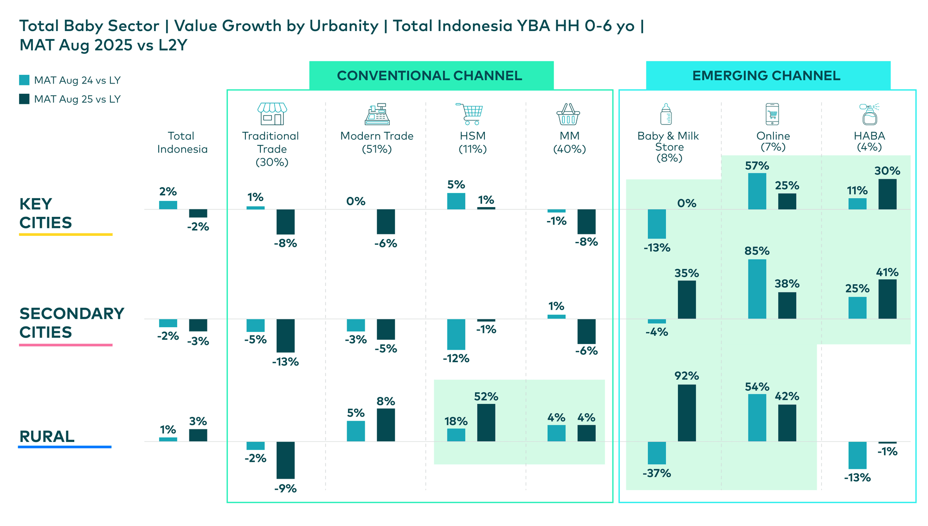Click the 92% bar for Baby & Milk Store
point(687,413)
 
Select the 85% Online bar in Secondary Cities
point(757,289)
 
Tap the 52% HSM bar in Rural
point(486,422)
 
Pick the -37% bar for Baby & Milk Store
point(657,453)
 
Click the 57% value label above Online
point(757,166)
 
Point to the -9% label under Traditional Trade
point(285,488)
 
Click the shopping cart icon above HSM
point(470,114)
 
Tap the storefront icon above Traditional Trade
point(272,114)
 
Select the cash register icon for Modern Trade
point(377,114)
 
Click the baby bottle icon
point(666,114)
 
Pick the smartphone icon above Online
point(772,114)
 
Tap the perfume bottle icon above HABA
point(870,114)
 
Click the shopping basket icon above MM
point(568,114)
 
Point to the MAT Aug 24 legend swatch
point(24,80)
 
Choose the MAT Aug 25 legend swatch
point(24,99)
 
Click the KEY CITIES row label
point(45,213)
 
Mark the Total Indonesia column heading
point(182,143)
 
